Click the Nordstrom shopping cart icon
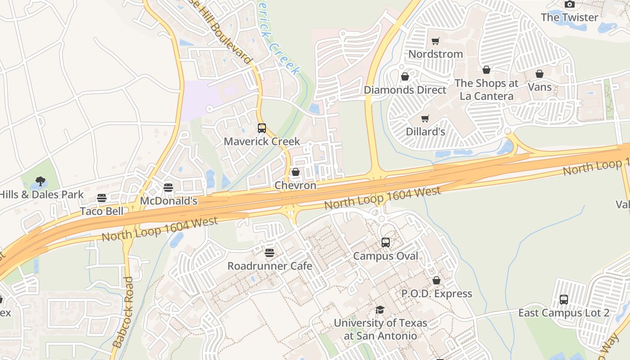coord(435,41)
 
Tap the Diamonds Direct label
coord(405,90)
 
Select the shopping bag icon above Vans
coord(539,74)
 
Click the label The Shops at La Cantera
coord(486,90)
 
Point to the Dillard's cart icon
coord(425,119)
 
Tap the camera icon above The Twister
coord(570,4)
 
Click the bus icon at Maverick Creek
coord(262,128)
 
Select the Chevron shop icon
coord(296,172)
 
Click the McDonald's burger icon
coord(168,188)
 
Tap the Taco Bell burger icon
coord(102,198)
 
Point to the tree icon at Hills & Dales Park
coord(40,181)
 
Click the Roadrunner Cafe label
coord(270,266)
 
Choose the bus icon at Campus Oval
coord(386,243)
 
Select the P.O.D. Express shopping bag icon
coord(436,281)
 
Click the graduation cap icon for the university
coord(380,310)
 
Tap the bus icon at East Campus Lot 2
coord(563,300)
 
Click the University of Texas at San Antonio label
coord(380,329)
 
